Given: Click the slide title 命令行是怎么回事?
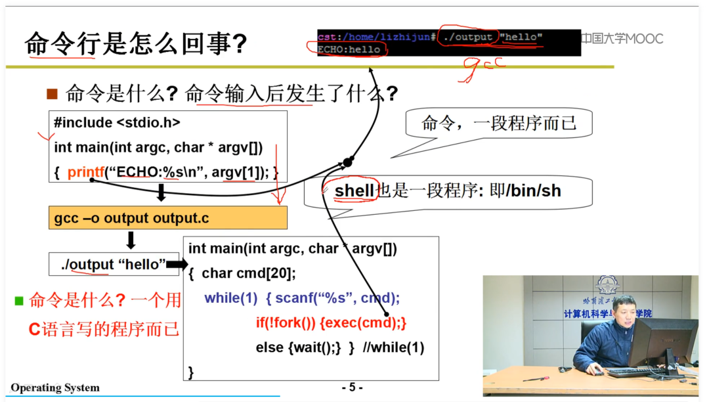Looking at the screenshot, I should (x=136, y=44).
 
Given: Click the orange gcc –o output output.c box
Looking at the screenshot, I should (x=167, y=218).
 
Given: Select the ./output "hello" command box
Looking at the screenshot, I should (x=114, y=265).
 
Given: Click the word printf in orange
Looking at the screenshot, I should (x=86, y=173).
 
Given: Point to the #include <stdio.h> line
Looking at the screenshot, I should (x=117, y=122).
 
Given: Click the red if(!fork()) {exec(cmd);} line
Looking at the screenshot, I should (x=332, y=323).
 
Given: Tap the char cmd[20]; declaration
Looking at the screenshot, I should (x=249, y=273).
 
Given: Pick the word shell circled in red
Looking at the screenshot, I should (x=354, y=190).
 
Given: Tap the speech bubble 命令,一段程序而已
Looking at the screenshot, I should (x=498, y=123).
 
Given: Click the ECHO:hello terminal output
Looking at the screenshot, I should (x=349, y=50).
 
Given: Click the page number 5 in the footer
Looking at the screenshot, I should (x=352, y=387).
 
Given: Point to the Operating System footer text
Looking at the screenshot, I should (x=55, y=388).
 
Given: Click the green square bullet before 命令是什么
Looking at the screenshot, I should (x=19, y=301).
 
